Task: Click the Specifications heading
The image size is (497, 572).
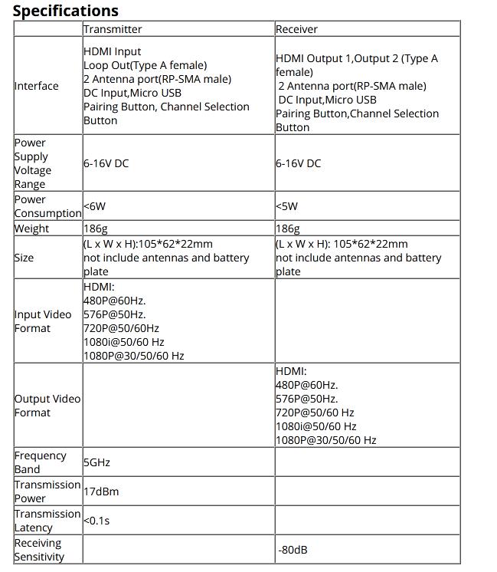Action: coord(66,11)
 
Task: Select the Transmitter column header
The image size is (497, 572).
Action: coord(113,29)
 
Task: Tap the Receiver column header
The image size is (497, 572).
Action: coord(296,29)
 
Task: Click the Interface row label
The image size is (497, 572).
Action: coord(36,86)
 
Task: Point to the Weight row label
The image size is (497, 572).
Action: coord(31,228)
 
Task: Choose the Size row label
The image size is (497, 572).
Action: coord(24,258)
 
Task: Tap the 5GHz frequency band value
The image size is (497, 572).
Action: coord(96,462)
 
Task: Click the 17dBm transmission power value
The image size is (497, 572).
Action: coord(101,491)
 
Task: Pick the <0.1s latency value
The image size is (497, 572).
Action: coord(96,521)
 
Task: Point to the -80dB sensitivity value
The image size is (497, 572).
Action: coord(293,550)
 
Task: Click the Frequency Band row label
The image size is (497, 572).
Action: coord(40,462)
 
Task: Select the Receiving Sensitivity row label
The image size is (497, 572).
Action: coord(40,550)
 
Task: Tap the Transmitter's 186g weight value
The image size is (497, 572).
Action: coord(96,228)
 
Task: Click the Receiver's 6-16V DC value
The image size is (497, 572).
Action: coord(298,163)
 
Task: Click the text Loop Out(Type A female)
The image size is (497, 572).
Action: coord(145,65)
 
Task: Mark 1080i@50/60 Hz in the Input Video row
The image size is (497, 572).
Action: coord(123,342)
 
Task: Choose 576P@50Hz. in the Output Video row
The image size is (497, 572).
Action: coord(306,399)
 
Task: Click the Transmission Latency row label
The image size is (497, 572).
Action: coord(47,521)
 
